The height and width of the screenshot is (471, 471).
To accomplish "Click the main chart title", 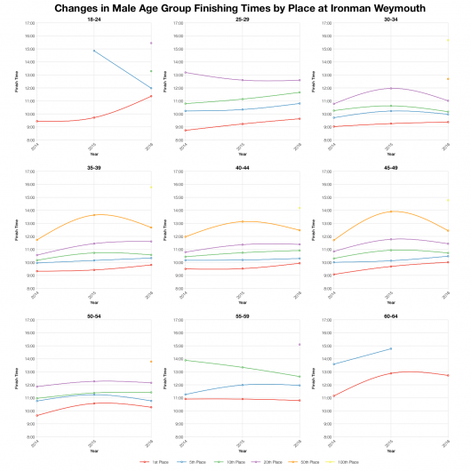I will point(235,7).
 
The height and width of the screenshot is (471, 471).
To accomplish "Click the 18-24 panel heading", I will point(93,18).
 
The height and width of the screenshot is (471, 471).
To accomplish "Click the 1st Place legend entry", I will point(156,462).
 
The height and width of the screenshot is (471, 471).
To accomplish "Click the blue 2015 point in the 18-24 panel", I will point(93,51).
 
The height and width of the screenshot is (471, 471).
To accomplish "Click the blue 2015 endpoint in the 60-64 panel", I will point(390,348).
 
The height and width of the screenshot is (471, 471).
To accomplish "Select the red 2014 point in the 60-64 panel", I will point(331,396).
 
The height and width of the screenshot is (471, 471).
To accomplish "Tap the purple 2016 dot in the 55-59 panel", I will point(300,344).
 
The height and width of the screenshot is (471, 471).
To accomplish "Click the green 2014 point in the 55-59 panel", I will point(183,360).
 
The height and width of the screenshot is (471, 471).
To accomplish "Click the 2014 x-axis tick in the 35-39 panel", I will point(35,291).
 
